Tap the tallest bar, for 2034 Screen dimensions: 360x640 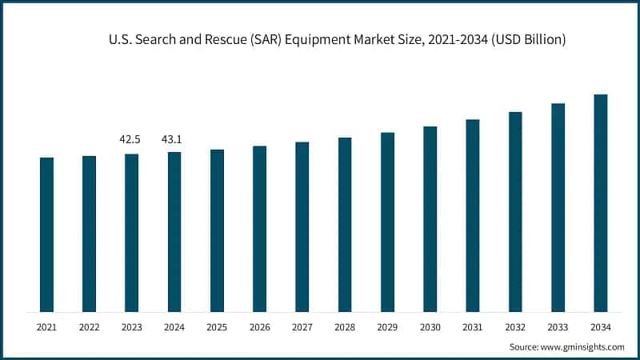click(x=600, y=203)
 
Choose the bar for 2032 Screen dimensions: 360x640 click(x=515, y=212)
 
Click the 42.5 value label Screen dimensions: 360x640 click(x=130, y=140)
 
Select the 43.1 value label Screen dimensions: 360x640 click(x=172, y=140)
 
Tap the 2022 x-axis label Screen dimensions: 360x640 click(x=89, y=326)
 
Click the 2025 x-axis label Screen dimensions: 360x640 click(x=217, y=326)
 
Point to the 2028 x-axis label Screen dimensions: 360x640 click(x=345, y=326)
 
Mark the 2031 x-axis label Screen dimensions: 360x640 click(x=473, y=326)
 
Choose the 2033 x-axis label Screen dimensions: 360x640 click(x=558, y=326)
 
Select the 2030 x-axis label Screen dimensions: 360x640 click(x=430, y=326)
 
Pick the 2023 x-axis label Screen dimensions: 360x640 click(x=131, y=326)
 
